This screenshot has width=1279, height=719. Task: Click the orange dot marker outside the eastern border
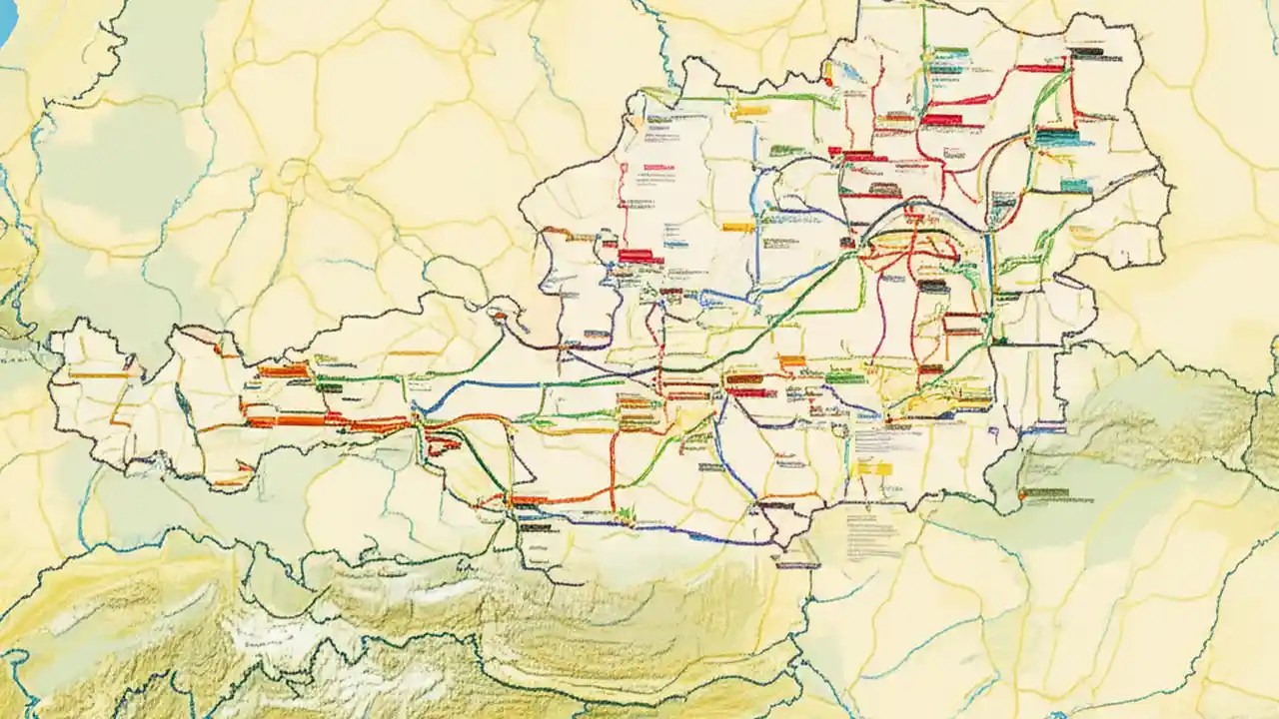[1020, 492]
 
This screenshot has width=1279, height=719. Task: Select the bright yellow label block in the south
[872, 466]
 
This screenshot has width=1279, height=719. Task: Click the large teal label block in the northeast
[1056, 138]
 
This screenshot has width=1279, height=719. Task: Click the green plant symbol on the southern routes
[627, 513]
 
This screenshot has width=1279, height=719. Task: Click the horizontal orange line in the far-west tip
[96, 375]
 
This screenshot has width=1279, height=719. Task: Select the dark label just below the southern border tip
[797, 565]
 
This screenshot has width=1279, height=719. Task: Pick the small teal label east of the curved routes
[1074, 185]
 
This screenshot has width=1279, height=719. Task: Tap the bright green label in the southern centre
[845, 377]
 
